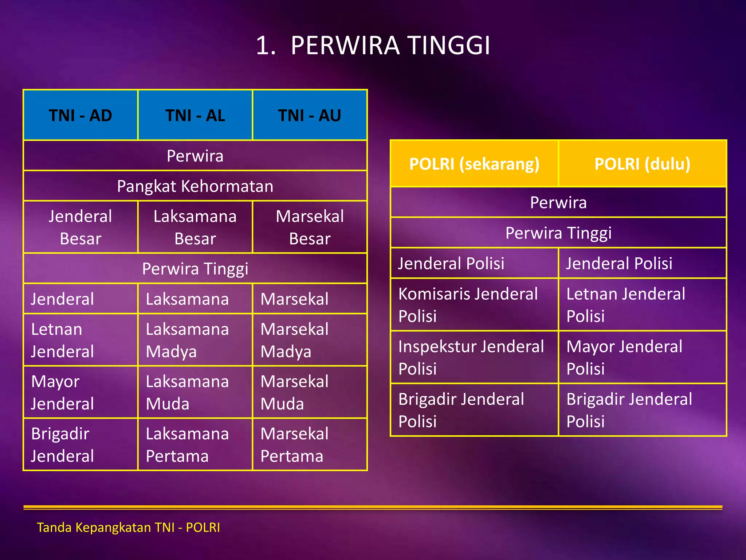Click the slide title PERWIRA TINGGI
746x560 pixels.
click(373, 46)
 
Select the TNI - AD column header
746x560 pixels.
click(81, 115)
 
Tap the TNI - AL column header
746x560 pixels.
click(195, 115)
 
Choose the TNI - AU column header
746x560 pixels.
click(310, 115)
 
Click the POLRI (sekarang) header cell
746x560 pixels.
click(474, 164)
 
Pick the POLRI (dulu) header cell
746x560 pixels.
click(642, 164)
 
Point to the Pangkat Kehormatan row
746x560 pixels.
click(195, 186)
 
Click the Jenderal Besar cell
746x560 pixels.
click(81, 227)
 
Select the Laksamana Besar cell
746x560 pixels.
click(195, 227)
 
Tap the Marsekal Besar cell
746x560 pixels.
click(310, 227)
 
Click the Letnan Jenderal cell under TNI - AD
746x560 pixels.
click(81, 340)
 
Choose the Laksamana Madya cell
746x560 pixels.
click(195, 340)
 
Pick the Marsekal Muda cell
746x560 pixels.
click(310, 392)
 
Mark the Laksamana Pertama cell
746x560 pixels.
click(195, 445)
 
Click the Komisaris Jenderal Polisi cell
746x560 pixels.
click(474, 305)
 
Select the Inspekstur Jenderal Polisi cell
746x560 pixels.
click(474, 357)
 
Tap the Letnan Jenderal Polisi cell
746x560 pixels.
click(642, 305)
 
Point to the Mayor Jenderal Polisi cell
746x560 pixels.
click(642, 357)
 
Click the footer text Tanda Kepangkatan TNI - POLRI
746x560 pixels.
click(129, 528)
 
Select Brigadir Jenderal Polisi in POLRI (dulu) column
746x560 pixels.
click(642, 410)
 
